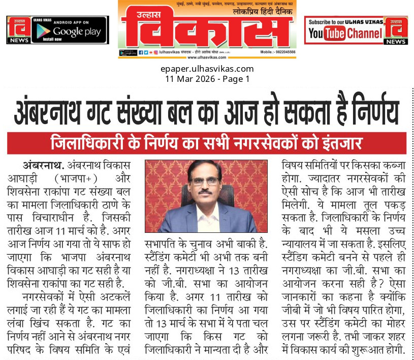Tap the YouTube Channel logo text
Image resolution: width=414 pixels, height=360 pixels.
point(345,34)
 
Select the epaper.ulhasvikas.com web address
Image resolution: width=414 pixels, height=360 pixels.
point(207,69)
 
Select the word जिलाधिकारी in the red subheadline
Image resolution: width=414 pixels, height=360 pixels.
point(83,143)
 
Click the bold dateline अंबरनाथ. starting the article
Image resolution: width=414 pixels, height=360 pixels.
point(43,166)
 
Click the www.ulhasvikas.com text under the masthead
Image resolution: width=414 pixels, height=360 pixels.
point(207,58)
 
